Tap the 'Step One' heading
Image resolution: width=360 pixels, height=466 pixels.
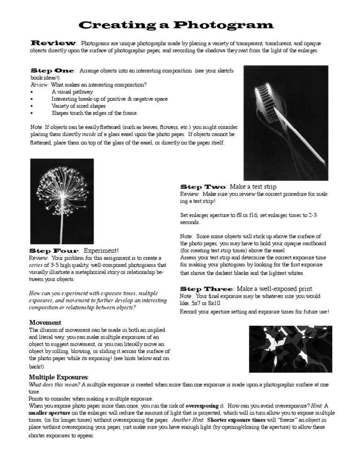(52, 70)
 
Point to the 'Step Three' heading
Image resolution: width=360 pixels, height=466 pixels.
(206, 288)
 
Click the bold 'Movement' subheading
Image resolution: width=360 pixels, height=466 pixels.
(45, 323)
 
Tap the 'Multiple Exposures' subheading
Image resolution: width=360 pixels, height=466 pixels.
(59, 377)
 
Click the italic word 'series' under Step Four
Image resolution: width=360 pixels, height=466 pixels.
(37, 265)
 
